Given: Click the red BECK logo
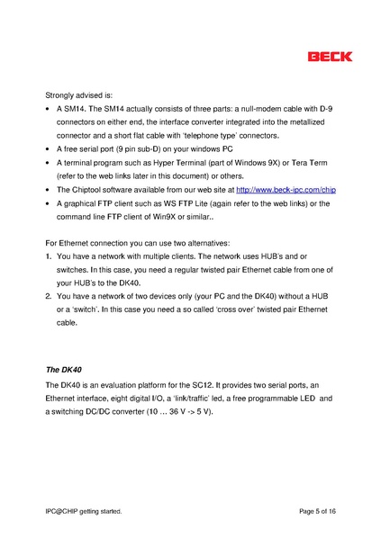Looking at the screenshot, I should point(330,57).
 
